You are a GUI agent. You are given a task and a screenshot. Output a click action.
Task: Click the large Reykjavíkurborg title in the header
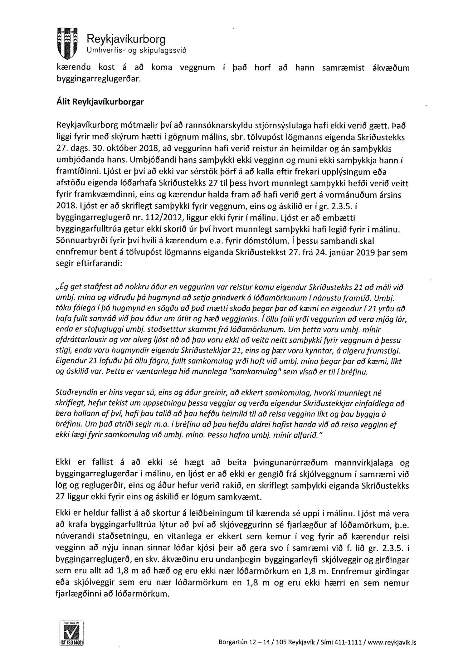click(126, 39)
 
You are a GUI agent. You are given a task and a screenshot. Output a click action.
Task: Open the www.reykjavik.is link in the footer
click(392, 642)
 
